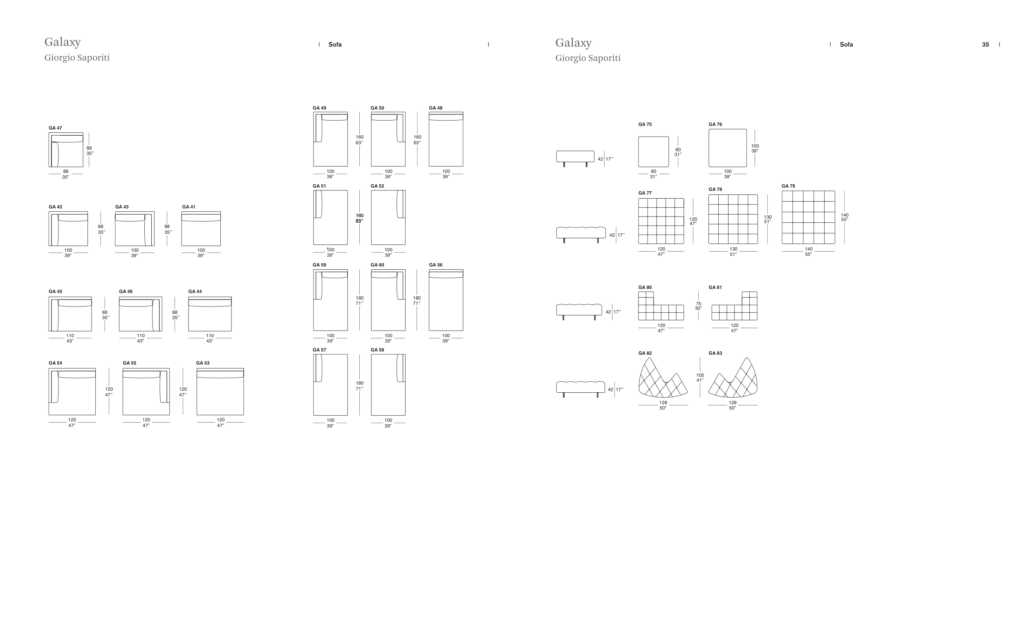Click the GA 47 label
click(x=55, y=128)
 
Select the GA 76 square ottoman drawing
click(x=728, y=148)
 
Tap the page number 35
click(x=985, y=45)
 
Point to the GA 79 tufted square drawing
click(x=808, y=217)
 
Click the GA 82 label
click(x=645, y=353)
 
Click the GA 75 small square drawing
click(x=653, y=152)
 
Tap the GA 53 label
click(x=202, y=363)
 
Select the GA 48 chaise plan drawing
click(x=446, y=139)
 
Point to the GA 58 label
click(x=377, y=350)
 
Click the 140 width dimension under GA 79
click(x=808, y=249)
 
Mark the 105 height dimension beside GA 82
click(x=700, y=375)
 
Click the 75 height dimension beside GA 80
click(x=699, y=304)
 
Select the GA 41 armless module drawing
click(x=201, y=229)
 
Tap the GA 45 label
click(x=55, y=291)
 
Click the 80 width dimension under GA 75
click(x=653, y=171)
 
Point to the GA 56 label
click(x=435, y=265)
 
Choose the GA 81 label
click(x=715, y=287)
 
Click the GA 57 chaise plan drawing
click(x=330, y=385)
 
